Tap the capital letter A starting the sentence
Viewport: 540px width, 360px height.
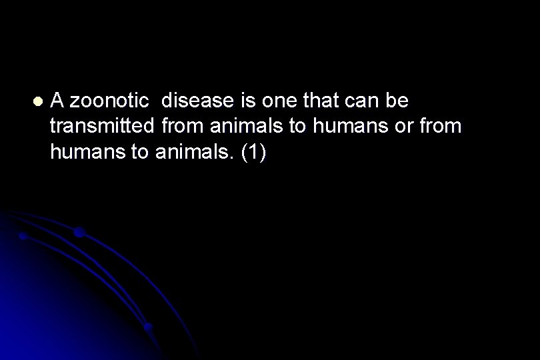click(x=57, y=101)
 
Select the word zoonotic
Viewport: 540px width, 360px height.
click(x=109, y=101)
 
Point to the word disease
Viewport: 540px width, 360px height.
click(x=195, y=101)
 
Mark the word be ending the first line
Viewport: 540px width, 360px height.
click(x=399, y=101)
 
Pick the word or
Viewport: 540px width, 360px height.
click(x=404, y=127)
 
